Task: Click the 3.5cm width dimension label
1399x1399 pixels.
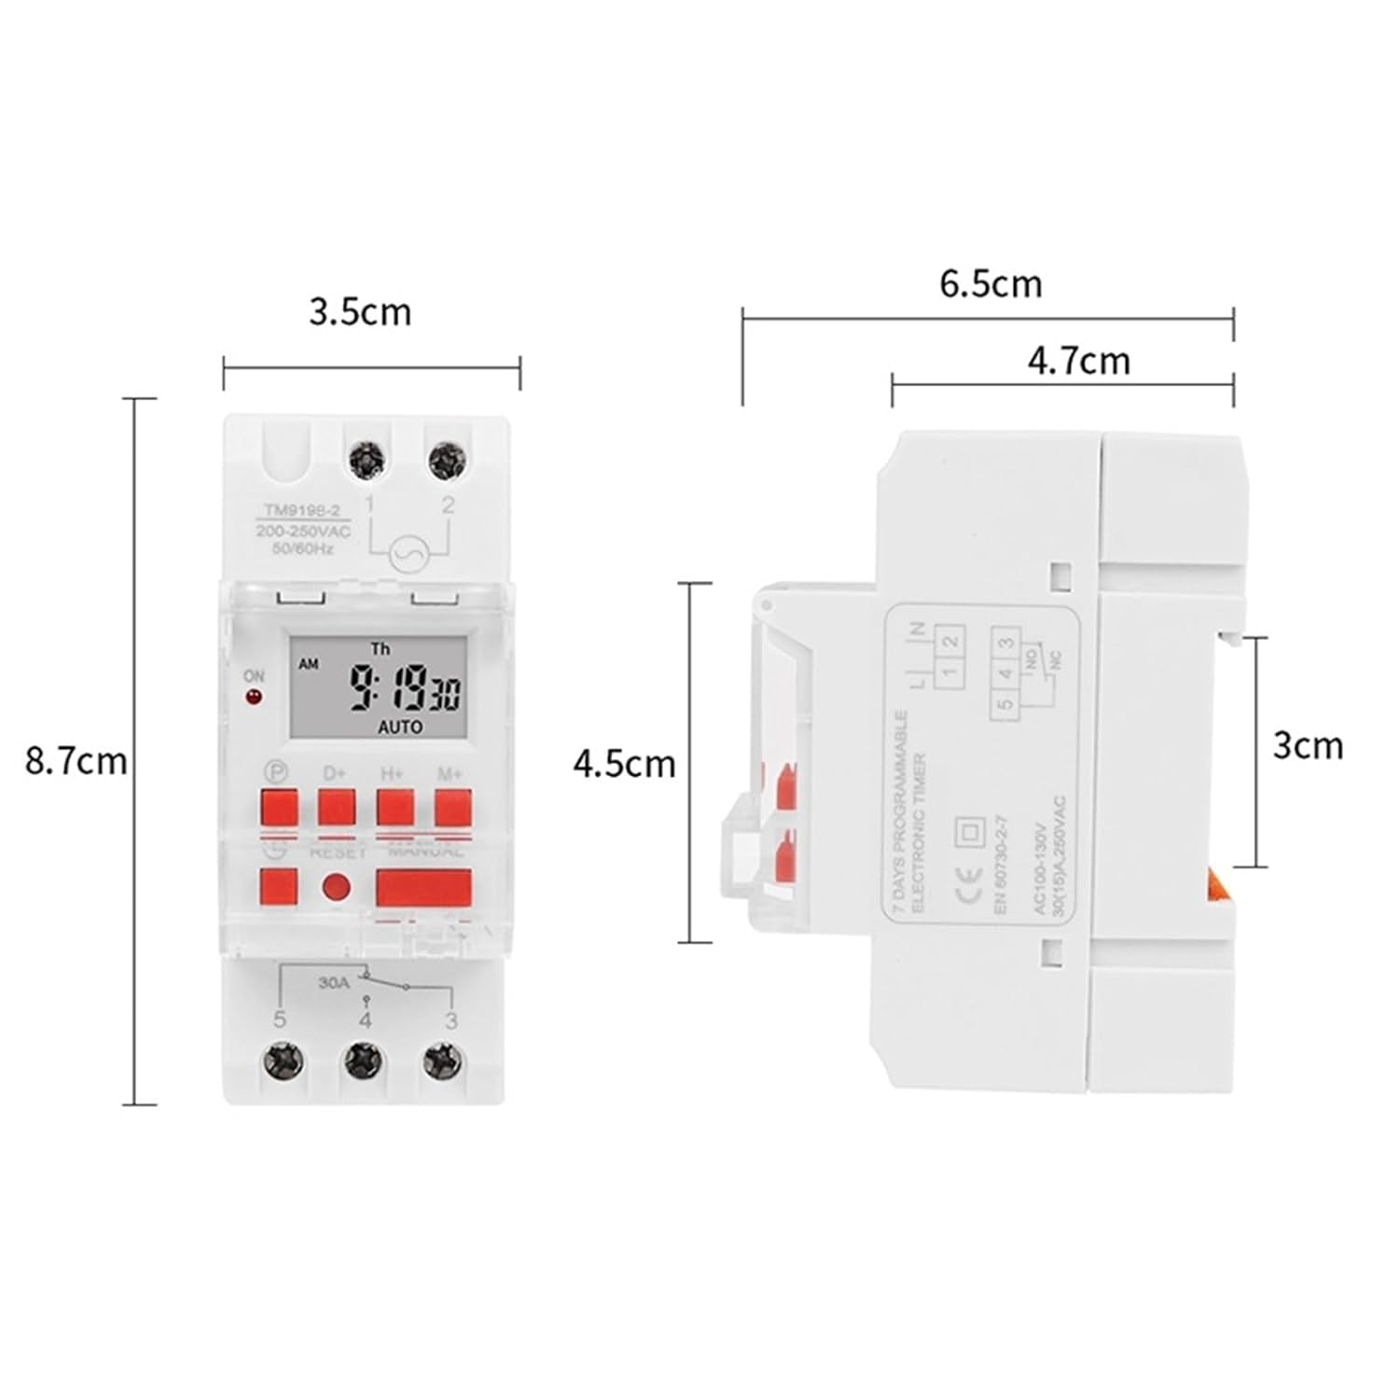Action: click(x=360, y=312)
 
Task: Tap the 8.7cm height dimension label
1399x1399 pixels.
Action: click(x=76, y=761)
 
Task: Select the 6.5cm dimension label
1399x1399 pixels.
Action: click(x=990, y=283)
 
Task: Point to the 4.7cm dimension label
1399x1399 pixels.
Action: click(x=1078, y=360)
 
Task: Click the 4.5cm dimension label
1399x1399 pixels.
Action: click(x=624, y=764)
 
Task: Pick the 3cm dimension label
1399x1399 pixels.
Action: click(x=1308, y=745)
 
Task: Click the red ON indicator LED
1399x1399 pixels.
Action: click(x=252, y=697)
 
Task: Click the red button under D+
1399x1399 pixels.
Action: click(x=337, y=808)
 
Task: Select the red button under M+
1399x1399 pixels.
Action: click(x=452, y=808)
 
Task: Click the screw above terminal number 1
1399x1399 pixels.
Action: click(x=369, y=460)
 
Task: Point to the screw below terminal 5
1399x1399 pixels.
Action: click(x=282, y=1059)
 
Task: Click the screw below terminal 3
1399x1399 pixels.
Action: click(x=441, y=1059)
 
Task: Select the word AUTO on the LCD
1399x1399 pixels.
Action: click(x=400, y=727)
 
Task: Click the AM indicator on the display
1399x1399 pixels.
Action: click(x=308, y=664)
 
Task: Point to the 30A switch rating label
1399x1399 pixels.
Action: click(x=332, y=982)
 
